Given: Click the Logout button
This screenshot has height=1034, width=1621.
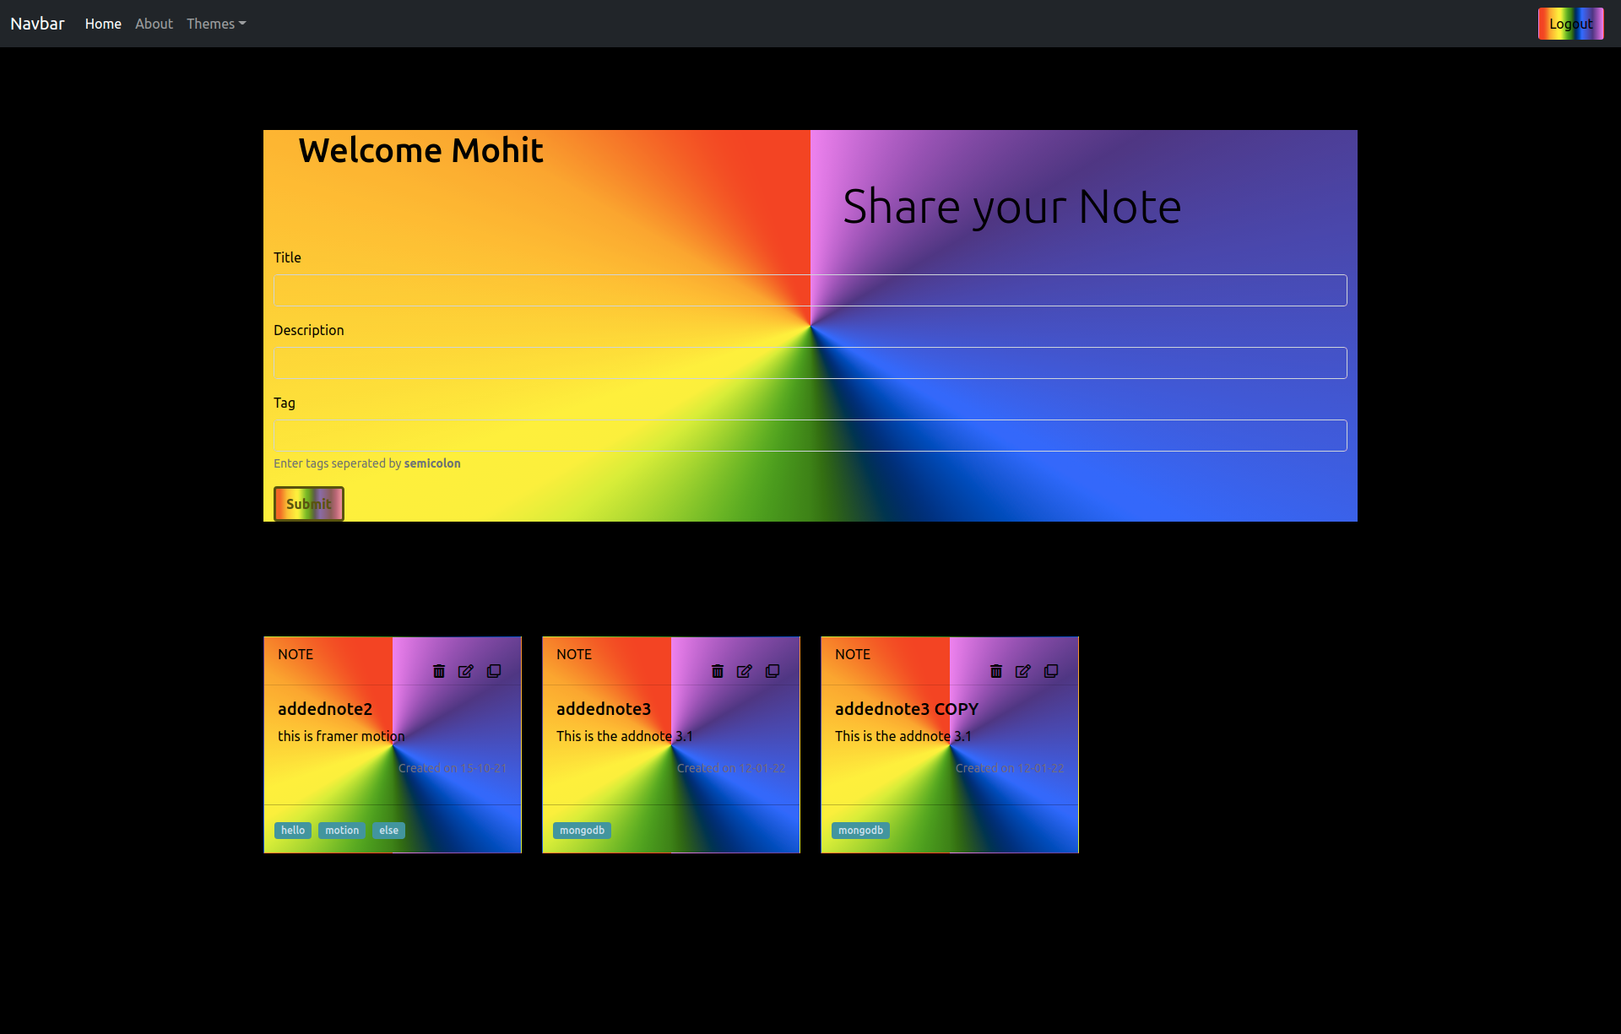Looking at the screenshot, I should (1570, 24).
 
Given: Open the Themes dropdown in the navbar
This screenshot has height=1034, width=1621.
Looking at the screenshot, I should (216, 24).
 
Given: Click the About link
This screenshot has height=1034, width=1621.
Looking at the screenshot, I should (154, 24).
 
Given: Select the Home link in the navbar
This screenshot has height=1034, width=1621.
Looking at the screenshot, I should (103, 24).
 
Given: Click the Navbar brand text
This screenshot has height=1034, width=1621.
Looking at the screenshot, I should (37, 24).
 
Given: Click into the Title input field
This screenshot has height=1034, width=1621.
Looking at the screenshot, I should (810, 290).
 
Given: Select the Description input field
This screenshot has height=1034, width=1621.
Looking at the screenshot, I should (810, 363).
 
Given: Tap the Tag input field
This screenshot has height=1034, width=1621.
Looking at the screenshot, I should (810, 436).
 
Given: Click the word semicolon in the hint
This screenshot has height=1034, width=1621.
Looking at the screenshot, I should (432, 463).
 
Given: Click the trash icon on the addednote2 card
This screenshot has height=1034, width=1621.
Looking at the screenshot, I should (439, 671).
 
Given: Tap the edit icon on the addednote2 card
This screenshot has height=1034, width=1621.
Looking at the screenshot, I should (466, 671).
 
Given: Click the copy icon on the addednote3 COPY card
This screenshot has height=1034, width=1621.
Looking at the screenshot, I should (1051, 671).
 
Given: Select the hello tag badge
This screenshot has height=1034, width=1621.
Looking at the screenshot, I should (293, 831).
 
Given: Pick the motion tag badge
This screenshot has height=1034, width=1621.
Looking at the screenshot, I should (342, 831).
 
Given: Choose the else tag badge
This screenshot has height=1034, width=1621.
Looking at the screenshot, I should (388, 831).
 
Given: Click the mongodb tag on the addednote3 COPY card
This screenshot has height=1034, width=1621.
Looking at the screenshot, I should (860, 831).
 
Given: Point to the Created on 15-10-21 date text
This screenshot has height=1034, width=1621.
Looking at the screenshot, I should (453, 768).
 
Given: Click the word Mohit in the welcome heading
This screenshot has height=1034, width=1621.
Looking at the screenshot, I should (497, 150).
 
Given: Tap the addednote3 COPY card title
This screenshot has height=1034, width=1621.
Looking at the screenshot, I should (906, 709).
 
